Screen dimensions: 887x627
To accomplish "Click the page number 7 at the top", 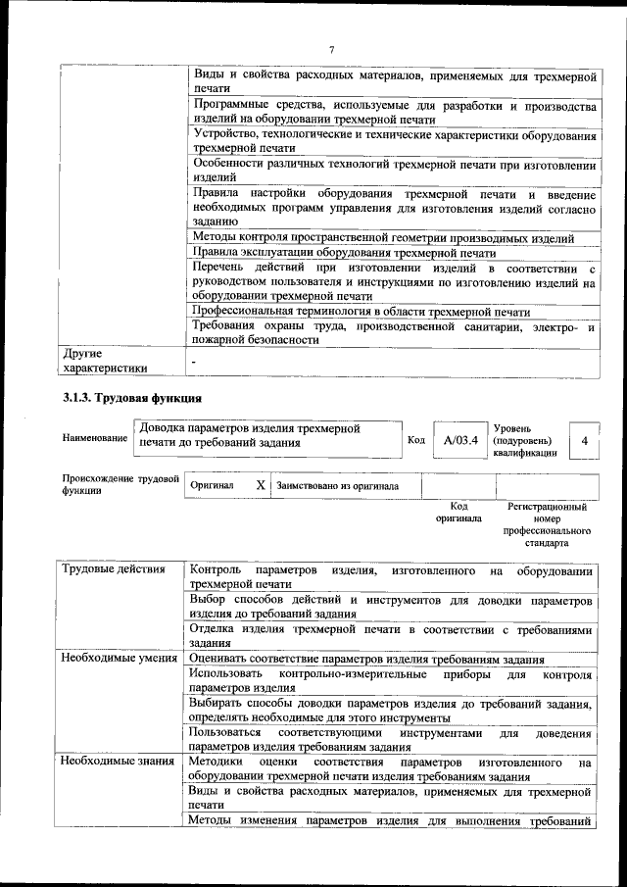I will click(332, 50).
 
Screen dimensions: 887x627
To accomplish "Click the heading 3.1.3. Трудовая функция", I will click(132, 399).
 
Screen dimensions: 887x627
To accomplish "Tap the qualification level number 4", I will click(584, 441).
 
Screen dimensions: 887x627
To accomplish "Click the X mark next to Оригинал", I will click(261, 484).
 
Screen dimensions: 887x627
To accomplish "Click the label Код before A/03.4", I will click(415, 440).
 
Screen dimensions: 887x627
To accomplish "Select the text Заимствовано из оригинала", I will click(337, 484).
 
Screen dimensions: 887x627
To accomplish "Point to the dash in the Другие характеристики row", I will click(194, 361).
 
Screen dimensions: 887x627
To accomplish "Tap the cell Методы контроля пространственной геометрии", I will click(383, 238).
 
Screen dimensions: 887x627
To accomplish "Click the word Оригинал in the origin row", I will click(212, 484).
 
